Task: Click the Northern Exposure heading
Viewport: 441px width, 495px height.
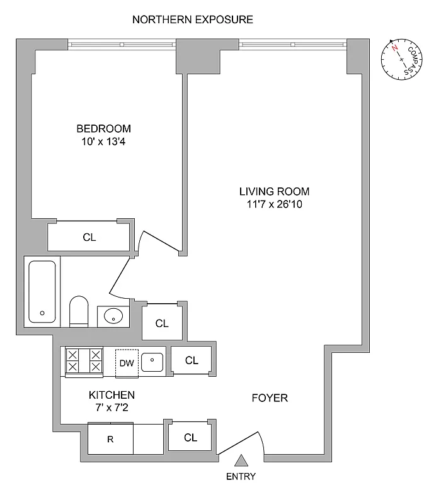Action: coord(193,19)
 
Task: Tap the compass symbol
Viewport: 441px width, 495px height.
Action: coord(401,59)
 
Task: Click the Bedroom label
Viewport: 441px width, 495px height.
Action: coord(104,128)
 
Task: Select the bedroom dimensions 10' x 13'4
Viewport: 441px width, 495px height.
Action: coord(104,142)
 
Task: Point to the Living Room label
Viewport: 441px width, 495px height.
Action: coord(275,191)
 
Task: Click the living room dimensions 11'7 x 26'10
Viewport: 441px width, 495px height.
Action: coord(275,204)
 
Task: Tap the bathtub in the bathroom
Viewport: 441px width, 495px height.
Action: coord(42,292)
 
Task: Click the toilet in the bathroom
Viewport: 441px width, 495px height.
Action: coord(79,311)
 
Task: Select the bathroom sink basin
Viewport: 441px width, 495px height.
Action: coord(113,316)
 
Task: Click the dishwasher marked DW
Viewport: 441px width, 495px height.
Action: coord(127,363)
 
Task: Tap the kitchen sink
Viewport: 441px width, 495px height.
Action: coord(152,362)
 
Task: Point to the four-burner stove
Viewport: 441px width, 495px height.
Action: coord(84,362)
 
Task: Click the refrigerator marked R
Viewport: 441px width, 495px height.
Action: coord(110,439)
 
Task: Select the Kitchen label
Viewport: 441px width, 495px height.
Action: coord(112,395)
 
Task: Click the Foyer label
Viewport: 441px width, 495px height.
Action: coord(270,398)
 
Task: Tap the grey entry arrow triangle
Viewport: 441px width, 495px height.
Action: coord(241,462)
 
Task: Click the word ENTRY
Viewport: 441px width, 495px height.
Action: coord(241,476)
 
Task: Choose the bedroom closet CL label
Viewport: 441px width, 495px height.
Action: coord(89,237)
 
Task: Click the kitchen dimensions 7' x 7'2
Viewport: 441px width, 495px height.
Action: coord(112,408)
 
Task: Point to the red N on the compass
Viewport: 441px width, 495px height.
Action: coord(394,48)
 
